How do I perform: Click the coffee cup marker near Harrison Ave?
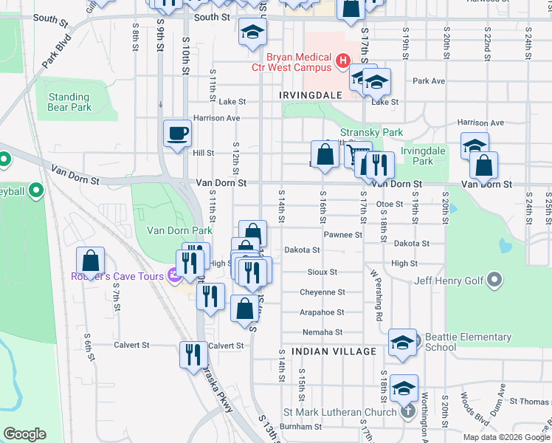[x=177, y=134]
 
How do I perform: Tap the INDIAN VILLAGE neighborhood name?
[x=334, y=351]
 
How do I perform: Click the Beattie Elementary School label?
[x=468, y=342]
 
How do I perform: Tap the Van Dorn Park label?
[x=174, y=230]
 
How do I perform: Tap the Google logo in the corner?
[x=24, y=434]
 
